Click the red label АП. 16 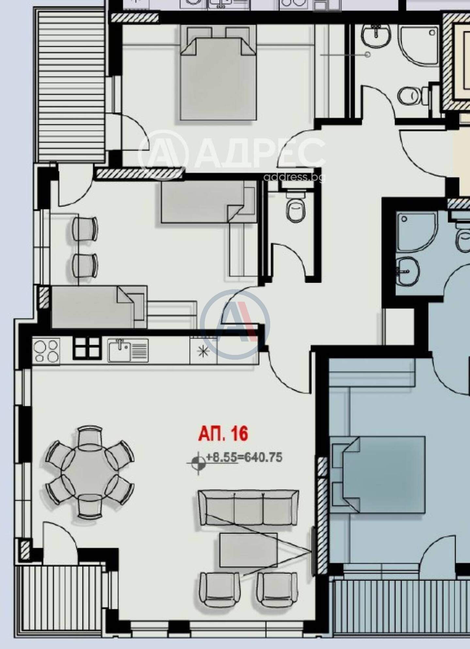coord(223,433)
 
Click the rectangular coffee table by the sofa coord(249,550)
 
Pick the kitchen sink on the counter coord(128,350)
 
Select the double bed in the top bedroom coord(218,73)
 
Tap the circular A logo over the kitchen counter coord(235,324)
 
